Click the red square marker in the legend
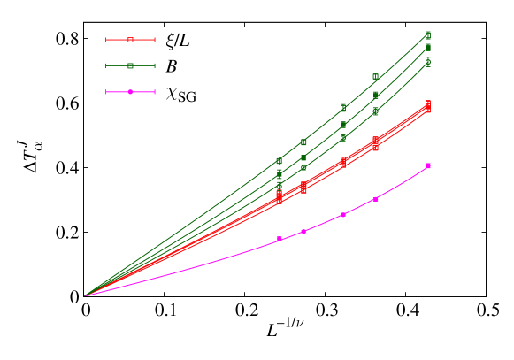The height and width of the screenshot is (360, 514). point(130,40)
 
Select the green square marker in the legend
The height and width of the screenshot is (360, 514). point(130,65)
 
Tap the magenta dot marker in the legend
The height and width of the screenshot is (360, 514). point(130,92)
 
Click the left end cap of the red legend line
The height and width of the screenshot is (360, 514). point(106,40)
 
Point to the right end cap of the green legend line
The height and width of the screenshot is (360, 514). point(154,65)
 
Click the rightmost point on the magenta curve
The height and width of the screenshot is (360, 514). point(428,165)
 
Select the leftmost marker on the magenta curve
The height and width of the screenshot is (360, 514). point(280,239)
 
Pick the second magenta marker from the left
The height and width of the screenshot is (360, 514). point(303,232)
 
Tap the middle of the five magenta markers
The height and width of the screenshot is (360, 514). point(343,214)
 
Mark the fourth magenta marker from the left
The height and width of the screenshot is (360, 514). point(376,199)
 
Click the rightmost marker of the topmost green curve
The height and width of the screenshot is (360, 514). point(428,35)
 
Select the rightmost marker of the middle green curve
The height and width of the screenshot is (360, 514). point(428,48)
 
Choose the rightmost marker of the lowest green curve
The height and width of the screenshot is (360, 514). point(428,62)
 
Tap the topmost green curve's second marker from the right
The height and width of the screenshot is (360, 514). point(376,77)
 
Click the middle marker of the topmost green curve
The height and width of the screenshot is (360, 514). point(343,108)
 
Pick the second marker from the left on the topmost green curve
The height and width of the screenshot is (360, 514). point(303,142)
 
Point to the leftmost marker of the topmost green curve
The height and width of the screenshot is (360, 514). point(280,161)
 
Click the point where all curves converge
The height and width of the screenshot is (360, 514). point(86,295)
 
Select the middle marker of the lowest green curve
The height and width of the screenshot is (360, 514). point(343,138)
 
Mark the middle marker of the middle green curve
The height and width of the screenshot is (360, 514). point(343,124)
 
